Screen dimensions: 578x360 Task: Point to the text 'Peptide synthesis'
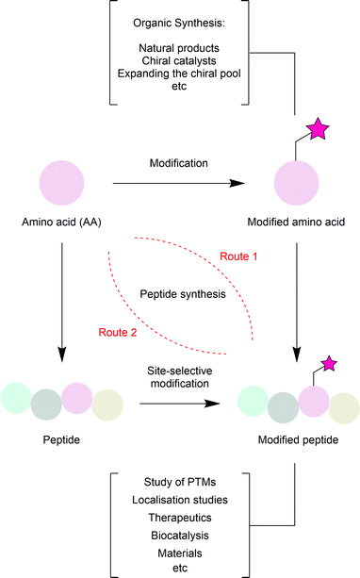tap(179, 294)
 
